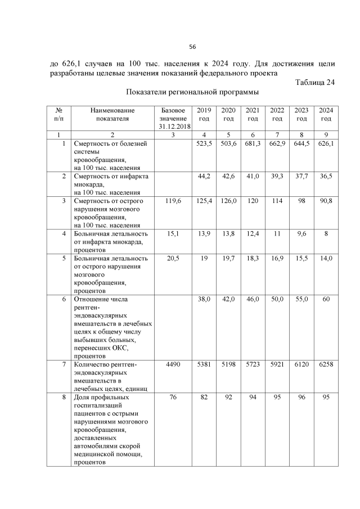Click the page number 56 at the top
192,46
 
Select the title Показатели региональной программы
192,93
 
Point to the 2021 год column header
253,114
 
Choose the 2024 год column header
326,114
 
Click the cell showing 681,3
253,144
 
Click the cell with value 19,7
228,258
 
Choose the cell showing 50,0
277,300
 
